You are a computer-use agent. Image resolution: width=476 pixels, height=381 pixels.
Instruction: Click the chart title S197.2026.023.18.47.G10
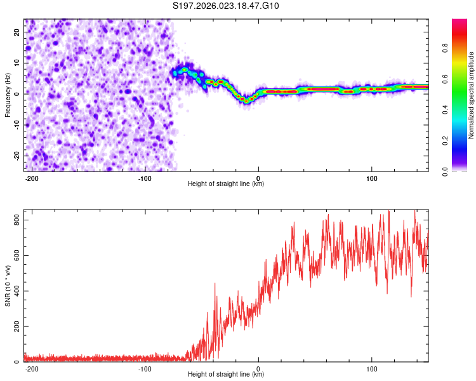226,6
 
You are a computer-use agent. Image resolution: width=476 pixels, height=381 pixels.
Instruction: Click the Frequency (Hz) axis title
8,95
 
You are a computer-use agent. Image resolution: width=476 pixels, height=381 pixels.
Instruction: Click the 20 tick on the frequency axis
17,31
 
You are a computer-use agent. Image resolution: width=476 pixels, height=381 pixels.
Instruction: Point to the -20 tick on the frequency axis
15,156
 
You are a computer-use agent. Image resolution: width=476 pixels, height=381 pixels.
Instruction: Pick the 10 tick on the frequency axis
17,62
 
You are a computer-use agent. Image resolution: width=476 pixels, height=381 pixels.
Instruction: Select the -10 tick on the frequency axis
15,124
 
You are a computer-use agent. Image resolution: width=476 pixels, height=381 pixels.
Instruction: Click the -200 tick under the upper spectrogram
31,178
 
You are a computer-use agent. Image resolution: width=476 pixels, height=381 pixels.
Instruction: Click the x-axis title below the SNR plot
226,375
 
